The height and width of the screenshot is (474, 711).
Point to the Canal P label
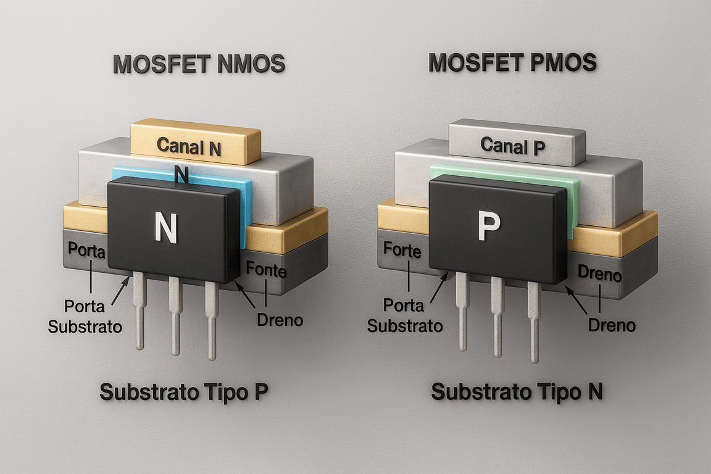(512, 146)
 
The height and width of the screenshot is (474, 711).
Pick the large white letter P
(487, 228)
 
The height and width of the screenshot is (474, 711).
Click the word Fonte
(266, 269)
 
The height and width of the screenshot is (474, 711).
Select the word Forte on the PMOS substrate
(402, 251)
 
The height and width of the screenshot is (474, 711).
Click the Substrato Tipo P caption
(183, 392)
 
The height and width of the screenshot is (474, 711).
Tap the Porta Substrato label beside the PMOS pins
(405, 315)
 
